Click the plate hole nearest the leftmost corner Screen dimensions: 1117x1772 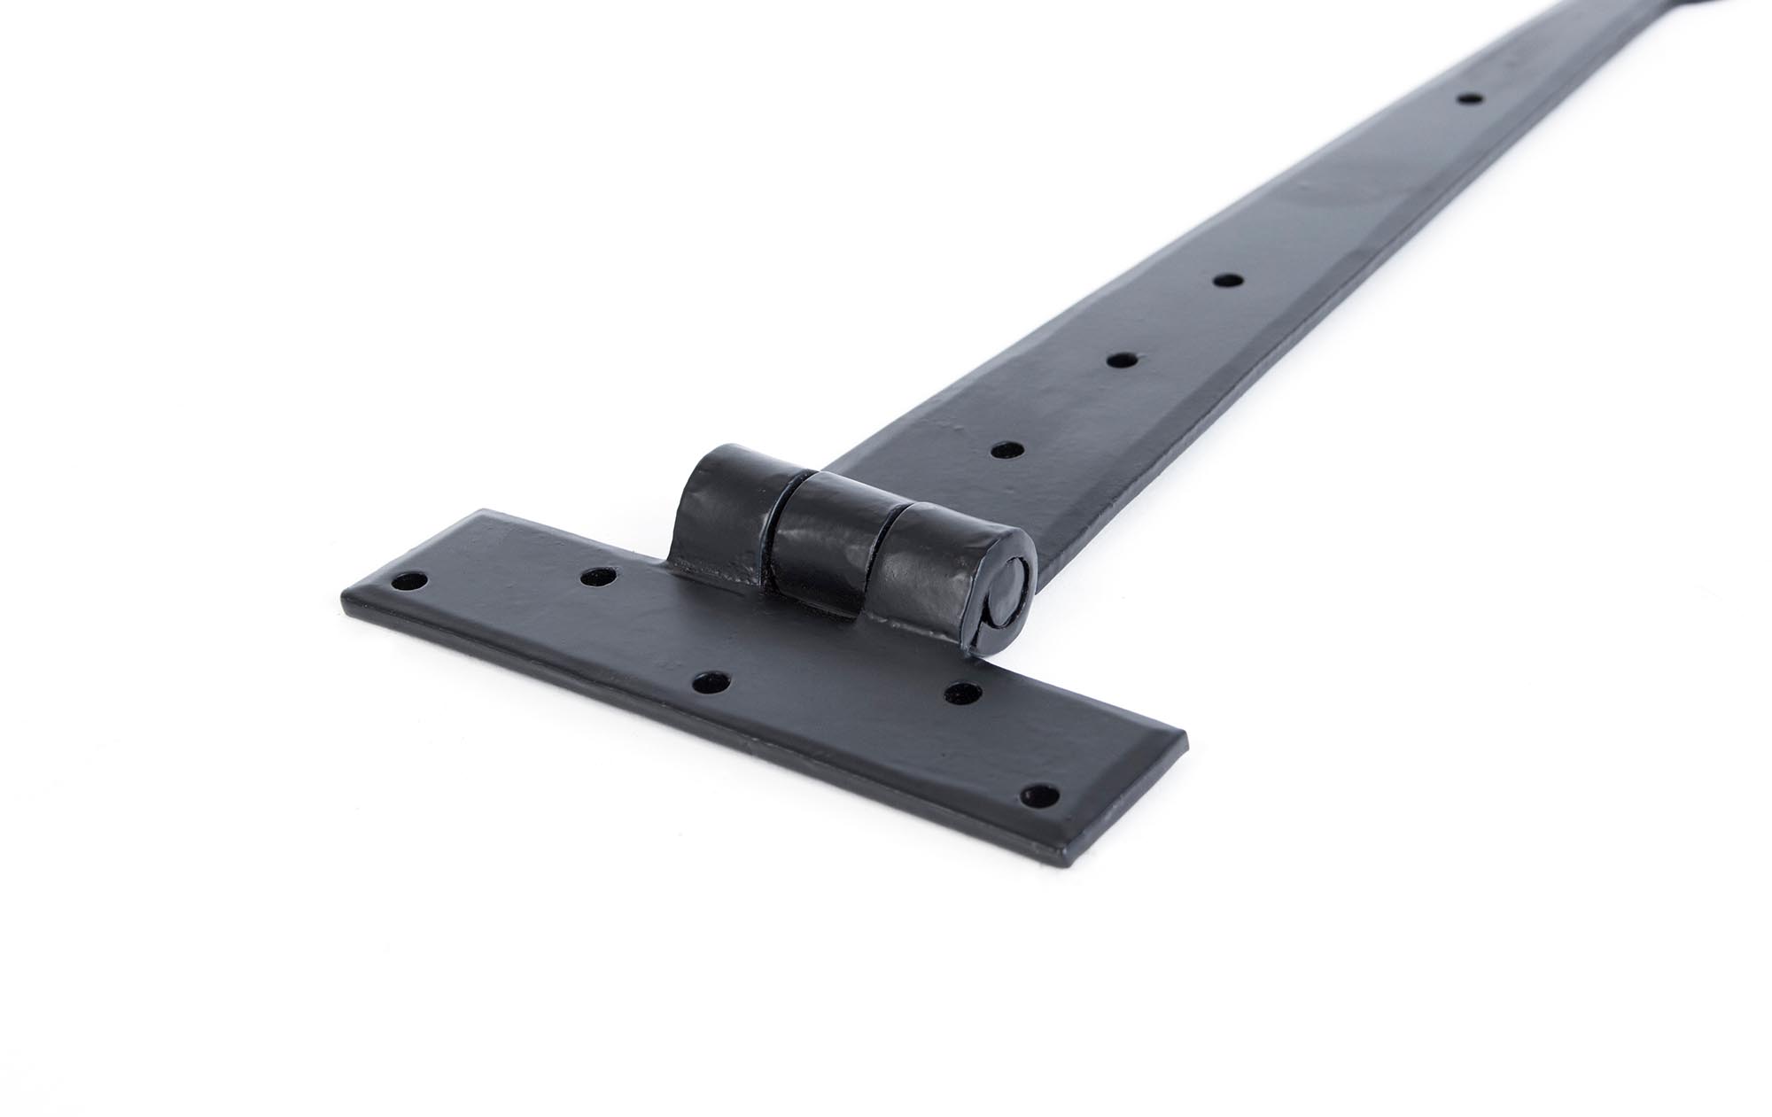409,582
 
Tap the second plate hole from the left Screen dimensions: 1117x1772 598,578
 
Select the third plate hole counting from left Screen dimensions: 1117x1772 711,683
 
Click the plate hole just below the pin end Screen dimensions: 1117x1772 964,693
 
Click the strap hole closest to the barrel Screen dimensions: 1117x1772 1003,449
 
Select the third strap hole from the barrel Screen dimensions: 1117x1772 1227,281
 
